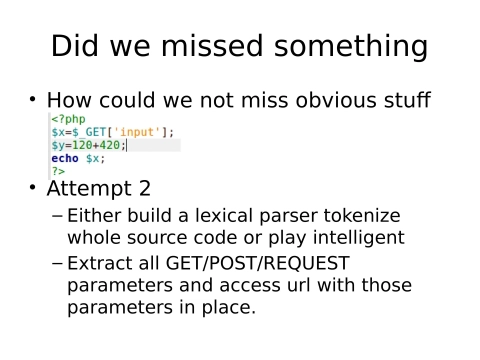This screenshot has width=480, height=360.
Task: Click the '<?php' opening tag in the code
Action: tap(69, 119)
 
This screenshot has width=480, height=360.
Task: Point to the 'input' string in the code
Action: tap(133, 132)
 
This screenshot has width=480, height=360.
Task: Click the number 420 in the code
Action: tap(111, 145)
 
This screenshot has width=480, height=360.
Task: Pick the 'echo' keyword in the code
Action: tap(65, 158)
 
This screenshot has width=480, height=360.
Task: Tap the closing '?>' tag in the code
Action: tap(58, 171)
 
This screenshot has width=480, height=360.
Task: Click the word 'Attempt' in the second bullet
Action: tap(87, 188)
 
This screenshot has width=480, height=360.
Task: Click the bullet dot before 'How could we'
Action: tap(32, 99)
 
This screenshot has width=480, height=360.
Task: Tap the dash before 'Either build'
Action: tap(57, 215)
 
